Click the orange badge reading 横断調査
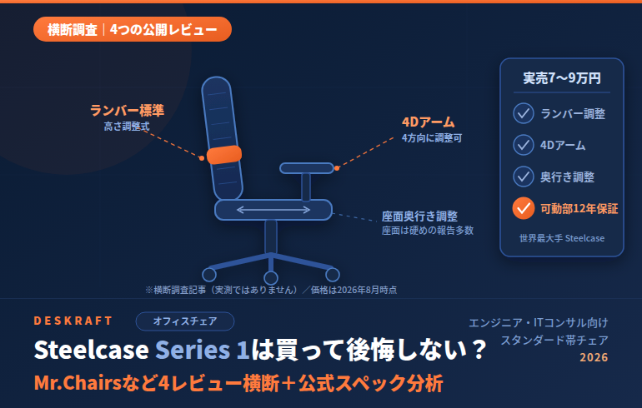pyautogui.click(x=133, y=29)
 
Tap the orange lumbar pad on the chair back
pyautogui.click(x=224, y=155)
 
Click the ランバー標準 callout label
pyautogui.click(x=127, y=111)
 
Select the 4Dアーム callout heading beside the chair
pyautogui.click(x=429, y=122)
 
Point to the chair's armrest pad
pyautogui.click(x=307, y=168)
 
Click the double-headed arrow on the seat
pyautogui.click(x=273, y=210)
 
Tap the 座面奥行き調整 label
pyautogui.click(x=419, y=216)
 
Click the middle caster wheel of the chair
pyautogui.click(x=271, y=278)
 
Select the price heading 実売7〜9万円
pyautogui.click(x=562, y=78)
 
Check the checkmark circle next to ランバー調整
pyautogui.click(x=524, y=113)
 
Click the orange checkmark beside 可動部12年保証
pyautogui.click(x=524, y=208)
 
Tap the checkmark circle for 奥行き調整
pyautogui.click(x=524, y=177)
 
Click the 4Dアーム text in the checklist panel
pyautogui.click(x=563, y=145)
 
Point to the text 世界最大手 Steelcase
pyautogui.click(x=562, y=238)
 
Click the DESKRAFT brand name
pyautogui.click(x=73, y=321)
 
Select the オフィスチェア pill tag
pyautogui.click(x=185, y=321)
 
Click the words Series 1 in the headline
pyautogui.click(x=203, y=350)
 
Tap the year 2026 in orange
pyautogui.click(x=594, y=357)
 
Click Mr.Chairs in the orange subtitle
pyautogui.click(x=78, y=383)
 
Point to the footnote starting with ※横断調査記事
pyautogui.click(x=271, y=290)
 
